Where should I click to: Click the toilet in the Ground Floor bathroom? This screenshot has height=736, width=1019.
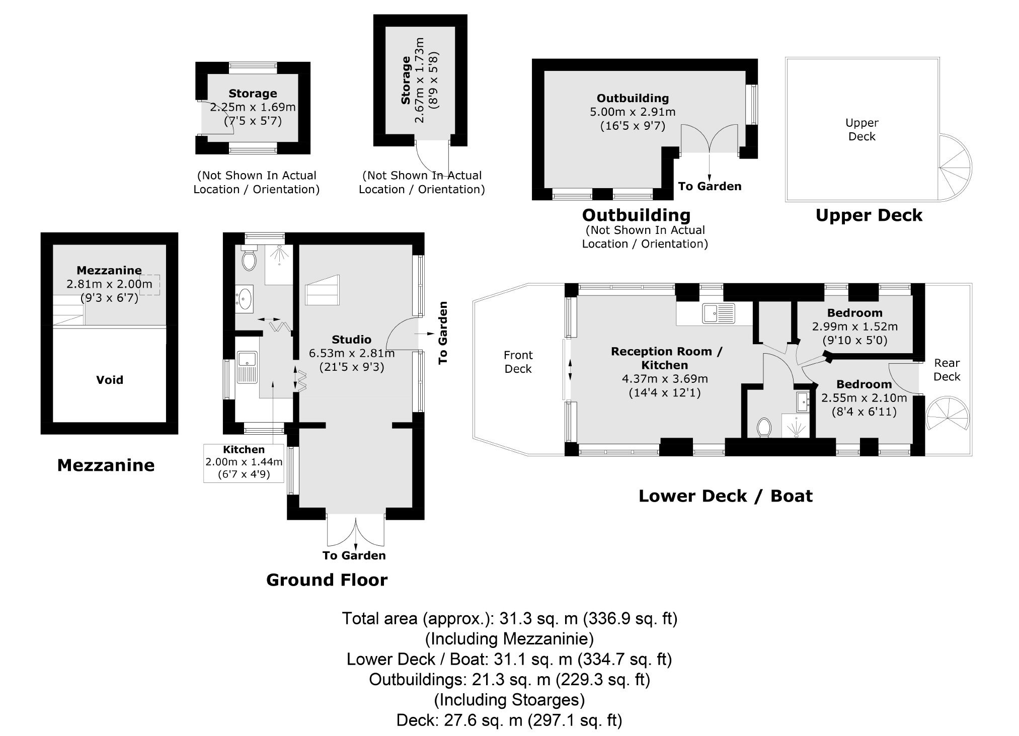pyautogui.click(x=249, y=258)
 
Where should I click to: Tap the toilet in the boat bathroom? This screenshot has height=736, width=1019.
pyautogui.click(x=764, y=428)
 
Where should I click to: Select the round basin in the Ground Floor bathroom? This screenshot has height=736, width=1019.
pyautogui.click(x=245, y=298)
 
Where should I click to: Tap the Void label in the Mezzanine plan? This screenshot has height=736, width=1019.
pyautogui.click(x=110, y=380)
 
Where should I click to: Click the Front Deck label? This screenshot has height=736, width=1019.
pyautogui.click(x=518, y=362)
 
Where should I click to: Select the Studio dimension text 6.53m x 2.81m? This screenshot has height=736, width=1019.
pyautogui.click(x=352, y=353)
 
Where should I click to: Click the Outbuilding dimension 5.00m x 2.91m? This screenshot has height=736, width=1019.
pyautogui.click(x=633, y=112)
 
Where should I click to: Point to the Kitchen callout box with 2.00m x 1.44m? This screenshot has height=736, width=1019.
pyautogui.click(x=244, y=463)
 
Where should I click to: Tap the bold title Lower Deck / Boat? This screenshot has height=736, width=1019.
pyautogui.click(x=725, y=496)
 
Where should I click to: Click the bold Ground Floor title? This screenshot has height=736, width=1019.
pyautogui.click(x=327, y=580)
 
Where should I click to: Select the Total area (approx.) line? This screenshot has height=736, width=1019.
pyautogui.click(x=510, y=618)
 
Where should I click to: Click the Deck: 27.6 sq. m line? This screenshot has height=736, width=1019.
pyautogui.click(x=509, y=720)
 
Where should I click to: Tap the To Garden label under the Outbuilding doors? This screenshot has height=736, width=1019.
pyautogui.click(x=710, y=187)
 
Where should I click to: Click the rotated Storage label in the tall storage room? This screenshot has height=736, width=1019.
pyautogui.click(x=406, y=80)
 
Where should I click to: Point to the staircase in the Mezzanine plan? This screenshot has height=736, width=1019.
pyautogui.click(x=68, y=309)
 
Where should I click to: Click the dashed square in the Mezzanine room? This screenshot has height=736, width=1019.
pyautogui.click(x=150, y=285)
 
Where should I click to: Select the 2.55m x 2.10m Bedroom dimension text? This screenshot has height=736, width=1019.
pyautogui.click(x=864, y=398)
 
